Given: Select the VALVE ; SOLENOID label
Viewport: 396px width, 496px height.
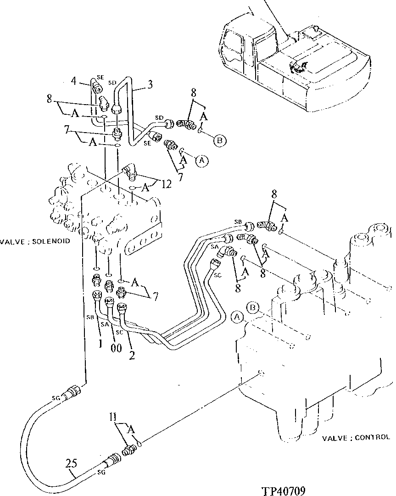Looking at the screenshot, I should pyautogui.click(x=35, y=241).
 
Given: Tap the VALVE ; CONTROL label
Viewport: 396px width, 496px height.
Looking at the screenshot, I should pyautogui.click(x=356, y=438).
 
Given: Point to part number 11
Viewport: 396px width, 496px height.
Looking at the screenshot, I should pyautogui.click(x=113, y=418).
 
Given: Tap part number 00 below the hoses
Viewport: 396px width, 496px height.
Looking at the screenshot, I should pyautogui.click(x=116, y=348).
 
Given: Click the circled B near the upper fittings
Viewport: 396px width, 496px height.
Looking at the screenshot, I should pyautogui.click(x=219, y=141).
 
